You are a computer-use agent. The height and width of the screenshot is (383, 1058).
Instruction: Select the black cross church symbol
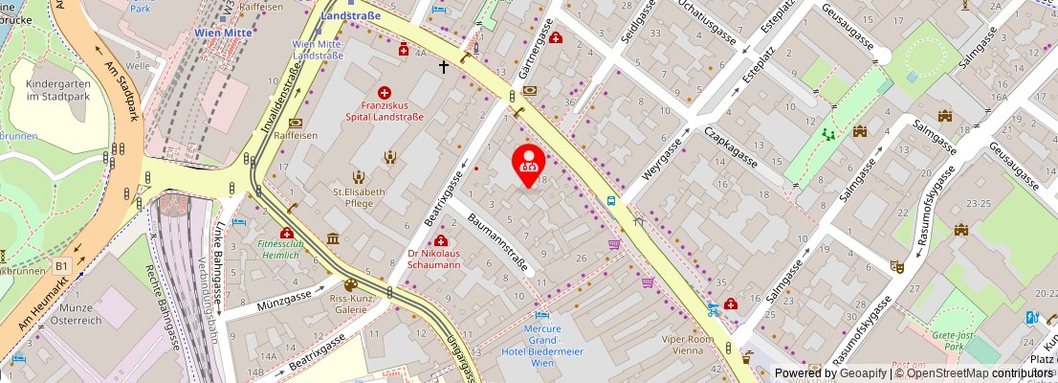[443, 67]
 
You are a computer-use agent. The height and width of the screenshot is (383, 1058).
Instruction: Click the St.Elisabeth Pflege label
[359, 196]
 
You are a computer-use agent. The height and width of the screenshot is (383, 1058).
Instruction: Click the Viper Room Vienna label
[688, 345]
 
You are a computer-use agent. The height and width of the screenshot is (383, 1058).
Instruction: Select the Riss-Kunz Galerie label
[350, 303]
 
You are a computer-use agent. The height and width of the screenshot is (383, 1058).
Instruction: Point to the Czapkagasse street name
[731, 147]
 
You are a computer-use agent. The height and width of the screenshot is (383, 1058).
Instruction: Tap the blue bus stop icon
[611, 201]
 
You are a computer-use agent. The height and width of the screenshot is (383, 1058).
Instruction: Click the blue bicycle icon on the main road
[712, 308]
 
